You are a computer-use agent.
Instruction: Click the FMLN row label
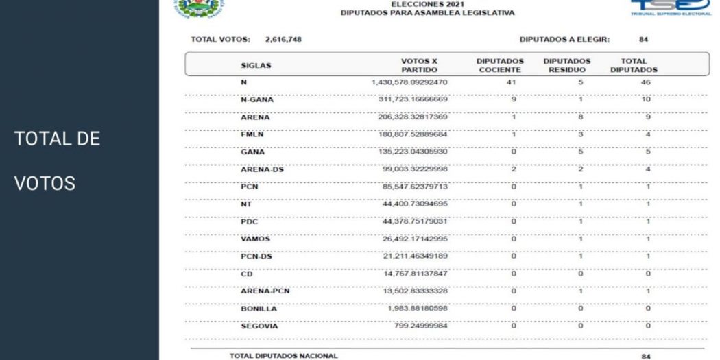pos(250,134)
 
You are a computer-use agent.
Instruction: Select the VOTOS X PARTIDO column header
pos(419,65)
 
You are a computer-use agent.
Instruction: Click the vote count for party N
pos(410,82)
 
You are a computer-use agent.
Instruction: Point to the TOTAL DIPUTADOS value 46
pos(634,82)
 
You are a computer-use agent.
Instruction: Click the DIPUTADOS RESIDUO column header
pos(567,65)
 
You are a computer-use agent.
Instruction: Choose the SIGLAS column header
pos(256,66)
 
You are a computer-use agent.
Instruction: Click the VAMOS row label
pos(254,239)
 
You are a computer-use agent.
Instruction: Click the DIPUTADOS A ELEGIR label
pos(564,39)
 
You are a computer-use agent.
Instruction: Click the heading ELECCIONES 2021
pos(418,3)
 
